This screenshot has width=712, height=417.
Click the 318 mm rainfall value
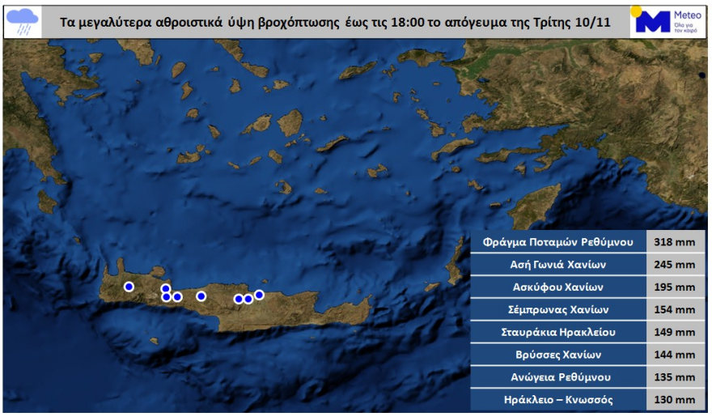pyautogui.click(x=675, y=242)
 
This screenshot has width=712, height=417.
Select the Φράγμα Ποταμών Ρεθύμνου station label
pyautogui.click(x=558, y=242)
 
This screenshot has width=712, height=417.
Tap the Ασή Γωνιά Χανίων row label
pyautogui.click(x=558, y=265)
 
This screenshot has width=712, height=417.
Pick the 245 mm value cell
pyautogui.click(x=675, y=265)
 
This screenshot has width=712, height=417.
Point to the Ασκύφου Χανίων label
pyautogui.click(x=558, y=287)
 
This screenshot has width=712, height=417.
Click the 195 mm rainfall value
pyautogui.click(x=675, y=287)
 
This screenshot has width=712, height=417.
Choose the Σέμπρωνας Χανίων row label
pyautogui.click(x=558, y=309)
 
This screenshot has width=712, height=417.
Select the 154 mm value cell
pyautogui.click(x=675, y=309)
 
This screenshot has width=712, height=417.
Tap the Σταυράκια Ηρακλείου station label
pyautogui.click(x=558, y=332)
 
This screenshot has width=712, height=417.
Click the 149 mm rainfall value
pyautogui.click(x=675, y=332)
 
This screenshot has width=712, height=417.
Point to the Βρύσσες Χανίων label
pyautogui.click(x=558, y=355)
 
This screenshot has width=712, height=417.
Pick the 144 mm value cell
pyautogui.click(x=675, y=355)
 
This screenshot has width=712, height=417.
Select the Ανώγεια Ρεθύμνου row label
pyautogui.click(x=558, y=377)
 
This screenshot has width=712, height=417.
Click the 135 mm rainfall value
pyautogui.click(x=675, y=377)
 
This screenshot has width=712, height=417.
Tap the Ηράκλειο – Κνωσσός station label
pyautogui.click(x=558, y=399)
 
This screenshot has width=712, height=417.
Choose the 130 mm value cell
pyautogui.click(x=675, y=399)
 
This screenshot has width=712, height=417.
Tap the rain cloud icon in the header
pyautogui.click(x=22, y=20)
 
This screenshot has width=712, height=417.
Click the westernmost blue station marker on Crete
pyautogui.click(x=129, y=286)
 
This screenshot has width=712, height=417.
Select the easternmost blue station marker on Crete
pyautogui.click(x=259, y=295)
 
